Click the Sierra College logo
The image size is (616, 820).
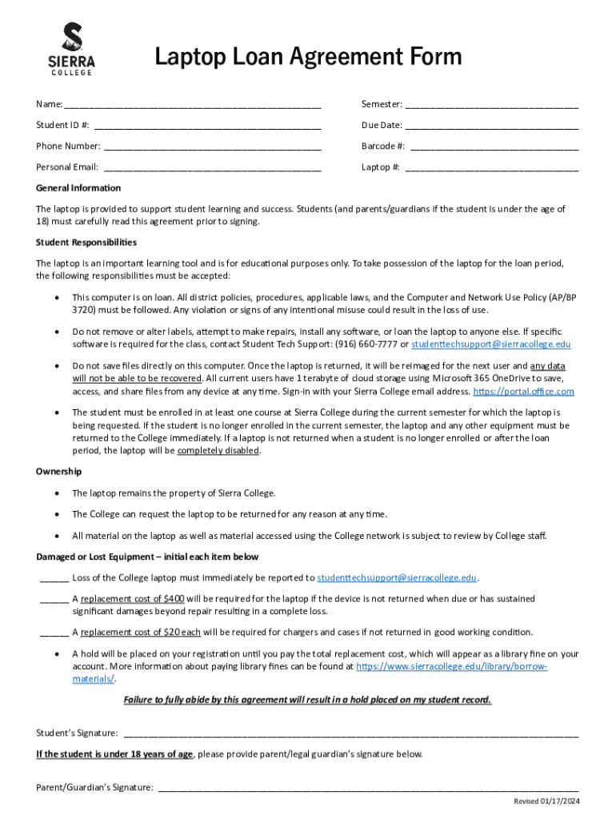click(x=73, y=50)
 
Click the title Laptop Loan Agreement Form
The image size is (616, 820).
click(x=308, y=57)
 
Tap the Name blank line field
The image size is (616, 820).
click(x=192, y=105)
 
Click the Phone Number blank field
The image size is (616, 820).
click(x=212, y=147)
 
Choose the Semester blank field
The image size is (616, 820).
click(x=492, y=105)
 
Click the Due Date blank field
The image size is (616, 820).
click(x=492, y=126)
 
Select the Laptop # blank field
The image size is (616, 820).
click(x=492, y=167)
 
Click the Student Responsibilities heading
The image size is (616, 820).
click(x=86, y=242)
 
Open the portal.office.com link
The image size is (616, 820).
click(x=523, y=392)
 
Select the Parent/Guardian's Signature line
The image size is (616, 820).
click(x=368, y=787)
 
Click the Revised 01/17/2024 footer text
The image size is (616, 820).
click(x=546, y=802)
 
